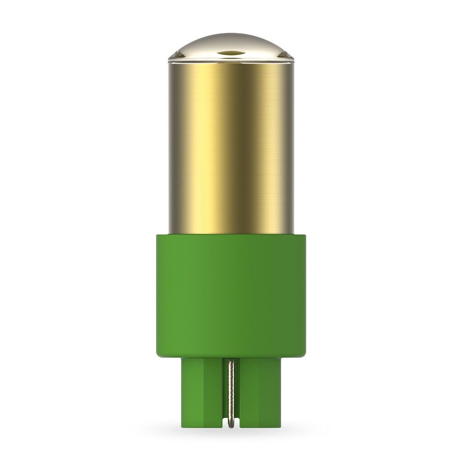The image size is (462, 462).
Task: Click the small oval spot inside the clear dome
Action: [231, 52]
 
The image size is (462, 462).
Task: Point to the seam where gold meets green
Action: [231, 234]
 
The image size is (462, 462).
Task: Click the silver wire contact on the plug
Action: [231, 393]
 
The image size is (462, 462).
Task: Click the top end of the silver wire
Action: [231, 361]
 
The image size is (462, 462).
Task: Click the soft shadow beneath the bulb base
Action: [231, 433]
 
